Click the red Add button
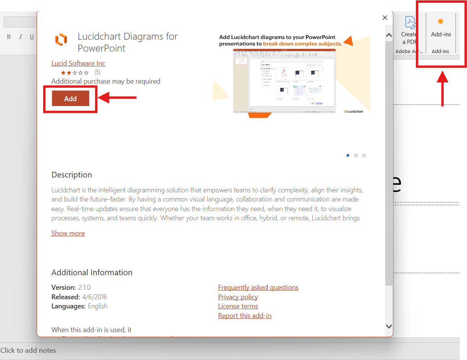pos(70,98)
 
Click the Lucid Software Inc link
pos(78,63)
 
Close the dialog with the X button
pos(385,18)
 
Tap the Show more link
pos(68,233)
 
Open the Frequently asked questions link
pos(258,287)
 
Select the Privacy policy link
pos(238,297)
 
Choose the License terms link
pos(238,306)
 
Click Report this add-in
pos(245,316)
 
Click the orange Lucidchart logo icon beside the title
pos(61,39)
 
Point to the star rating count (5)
pos(97,72)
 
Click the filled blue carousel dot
pos(348,155)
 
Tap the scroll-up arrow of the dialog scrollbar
pos(389,35)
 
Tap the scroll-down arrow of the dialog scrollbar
pos(389,326)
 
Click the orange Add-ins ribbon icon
pos(440,21)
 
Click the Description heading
pos(72,175)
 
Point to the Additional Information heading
pos(92,273)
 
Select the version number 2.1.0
pos(84,287)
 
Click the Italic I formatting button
pos(21,37)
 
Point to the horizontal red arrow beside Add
pos(117,98)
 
